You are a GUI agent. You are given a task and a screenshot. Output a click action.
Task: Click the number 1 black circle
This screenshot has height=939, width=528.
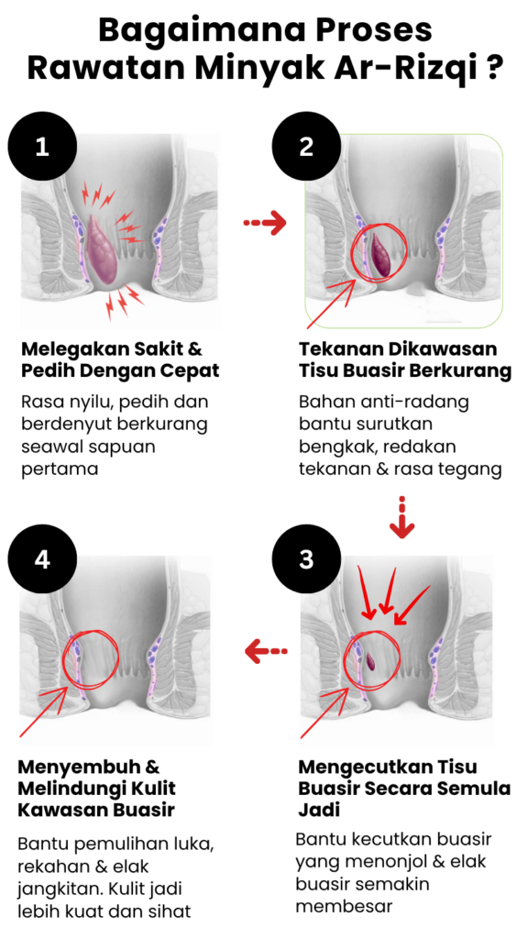click(42, 146)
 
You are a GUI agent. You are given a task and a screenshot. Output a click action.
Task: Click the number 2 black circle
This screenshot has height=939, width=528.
click(306, 146)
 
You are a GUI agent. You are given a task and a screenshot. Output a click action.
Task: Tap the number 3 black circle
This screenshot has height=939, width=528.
click(306, 559)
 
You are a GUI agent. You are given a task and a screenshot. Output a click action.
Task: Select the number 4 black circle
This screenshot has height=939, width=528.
click(42, 559)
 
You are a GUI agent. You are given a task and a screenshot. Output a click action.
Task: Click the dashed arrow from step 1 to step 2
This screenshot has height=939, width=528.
click(265, 223)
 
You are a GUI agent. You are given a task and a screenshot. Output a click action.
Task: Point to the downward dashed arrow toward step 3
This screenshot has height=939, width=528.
click(401, 517)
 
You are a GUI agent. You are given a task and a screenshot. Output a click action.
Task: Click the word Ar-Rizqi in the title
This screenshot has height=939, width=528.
click(395, 69)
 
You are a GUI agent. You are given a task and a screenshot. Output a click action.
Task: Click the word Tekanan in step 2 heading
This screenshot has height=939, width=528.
click(341, 348)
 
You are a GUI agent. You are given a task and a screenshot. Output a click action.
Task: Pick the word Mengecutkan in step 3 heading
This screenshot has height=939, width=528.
click(365, 768)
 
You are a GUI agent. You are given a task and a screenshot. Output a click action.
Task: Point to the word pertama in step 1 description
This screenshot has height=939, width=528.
click(60, 469)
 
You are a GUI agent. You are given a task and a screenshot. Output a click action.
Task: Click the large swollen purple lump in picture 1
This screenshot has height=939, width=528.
click(103, 248)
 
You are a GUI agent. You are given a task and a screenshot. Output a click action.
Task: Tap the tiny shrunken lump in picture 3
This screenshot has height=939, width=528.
click(370, 661)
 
